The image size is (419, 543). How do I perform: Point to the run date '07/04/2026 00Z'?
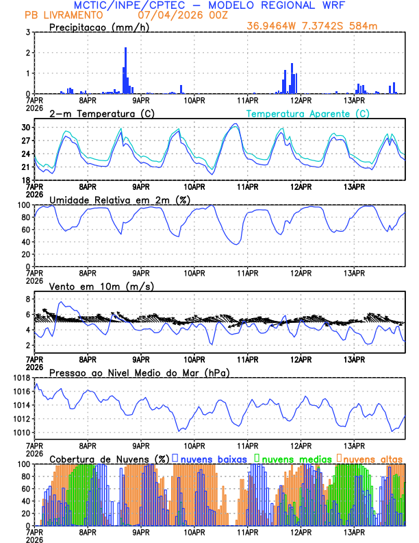pos(172,14)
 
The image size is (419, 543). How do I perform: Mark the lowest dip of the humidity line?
pos(236,243)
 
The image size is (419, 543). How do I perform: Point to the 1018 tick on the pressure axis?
pos(23,378)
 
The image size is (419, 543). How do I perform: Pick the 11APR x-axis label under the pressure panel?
pos(248,444)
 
